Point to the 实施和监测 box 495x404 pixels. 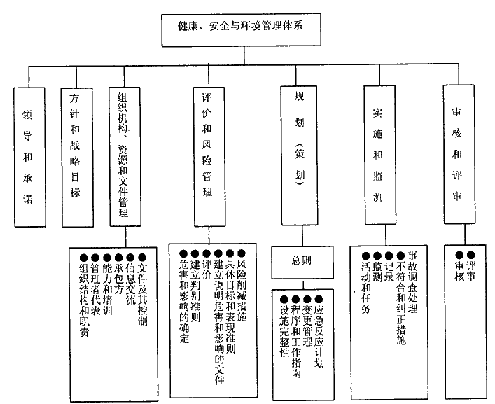pos(378,156)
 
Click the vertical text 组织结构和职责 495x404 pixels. pos(84,302)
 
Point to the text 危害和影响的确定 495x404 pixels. pos(184,301)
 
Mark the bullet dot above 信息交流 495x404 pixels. pos(130,256)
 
